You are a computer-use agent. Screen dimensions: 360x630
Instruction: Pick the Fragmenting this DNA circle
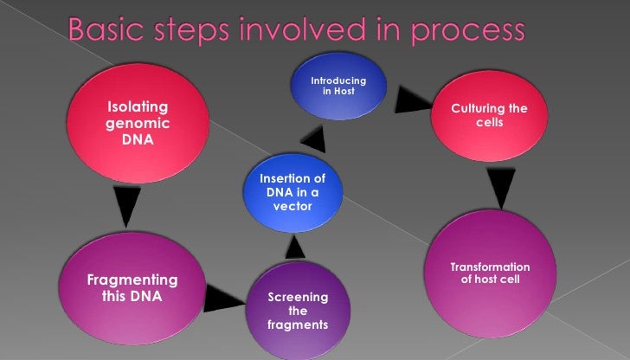pos(130,286)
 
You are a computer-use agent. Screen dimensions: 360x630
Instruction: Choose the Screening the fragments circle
pos(297,311)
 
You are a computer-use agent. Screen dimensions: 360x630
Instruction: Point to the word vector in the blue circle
pos(292,207)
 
